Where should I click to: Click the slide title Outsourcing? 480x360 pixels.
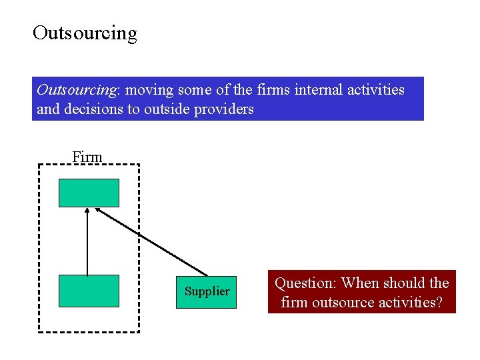[x=85, y=33]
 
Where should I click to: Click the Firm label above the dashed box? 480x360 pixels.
[x=87, y=157]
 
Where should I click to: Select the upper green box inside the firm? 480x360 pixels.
[x=89, y=193]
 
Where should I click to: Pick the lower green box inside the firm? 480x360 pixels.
[x=89, y=291]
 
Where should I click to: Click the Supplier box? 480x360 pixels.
[x=207, y=291]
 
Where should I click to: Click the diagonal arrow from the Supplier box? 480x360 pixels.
[x=152, y=241]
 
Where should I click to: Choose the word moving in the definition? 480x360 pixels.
[x=149, y=89]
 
